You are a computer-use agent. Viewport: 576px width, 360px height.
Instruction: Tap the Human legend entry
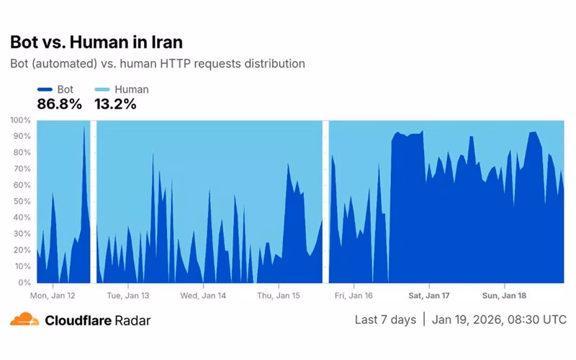[x=122, y=89]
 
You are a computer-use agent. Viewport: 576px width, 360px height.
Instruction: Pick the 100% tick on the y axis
[x=20, y=120]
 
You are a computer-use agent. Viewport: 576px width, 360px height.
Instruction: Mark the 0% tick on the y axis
[x=24, y=282]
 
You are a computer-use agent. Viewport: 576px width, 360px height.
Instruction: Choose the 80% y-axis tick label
[x=22, y=152]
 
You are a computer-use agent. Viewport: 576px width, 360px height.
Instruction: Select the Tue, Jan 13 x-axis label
[x=127, y=295]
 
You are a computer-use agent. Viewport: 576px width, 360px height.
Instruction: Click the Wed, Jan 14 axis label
[x=203, y=295]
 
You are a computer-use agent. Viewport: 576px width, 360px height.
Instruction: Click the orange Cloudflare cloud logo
[x=24, y=319]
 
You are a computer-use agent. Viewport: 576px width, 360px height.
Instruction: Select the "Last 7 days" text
[x=385, y=319]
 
